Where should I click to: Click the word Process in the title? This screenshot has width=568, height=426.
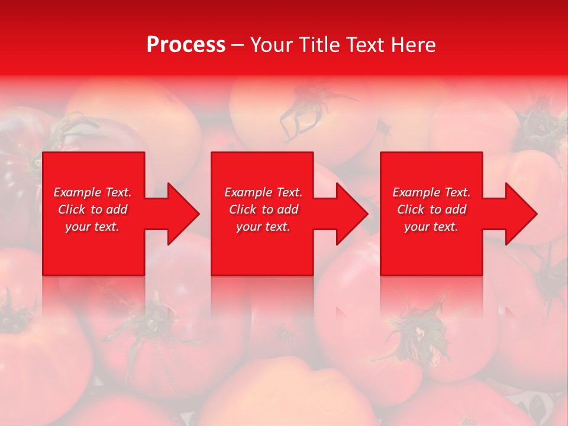pos(186,45)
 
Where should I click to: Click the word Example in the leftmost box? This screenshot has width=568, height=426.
pos(78,192)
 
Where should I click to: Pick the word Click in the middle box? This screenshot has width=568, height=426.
pos(243,209)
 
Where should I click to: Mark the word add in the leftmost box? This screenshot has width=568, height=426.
pos(117,209)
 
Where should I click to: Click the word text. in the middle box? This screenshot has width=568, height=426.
pos(277,227)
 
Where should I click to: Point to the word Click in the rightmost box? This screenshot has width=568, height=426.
pos(411,209)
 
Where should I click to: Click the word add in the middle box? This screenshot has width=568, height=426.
pos(288,209)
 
